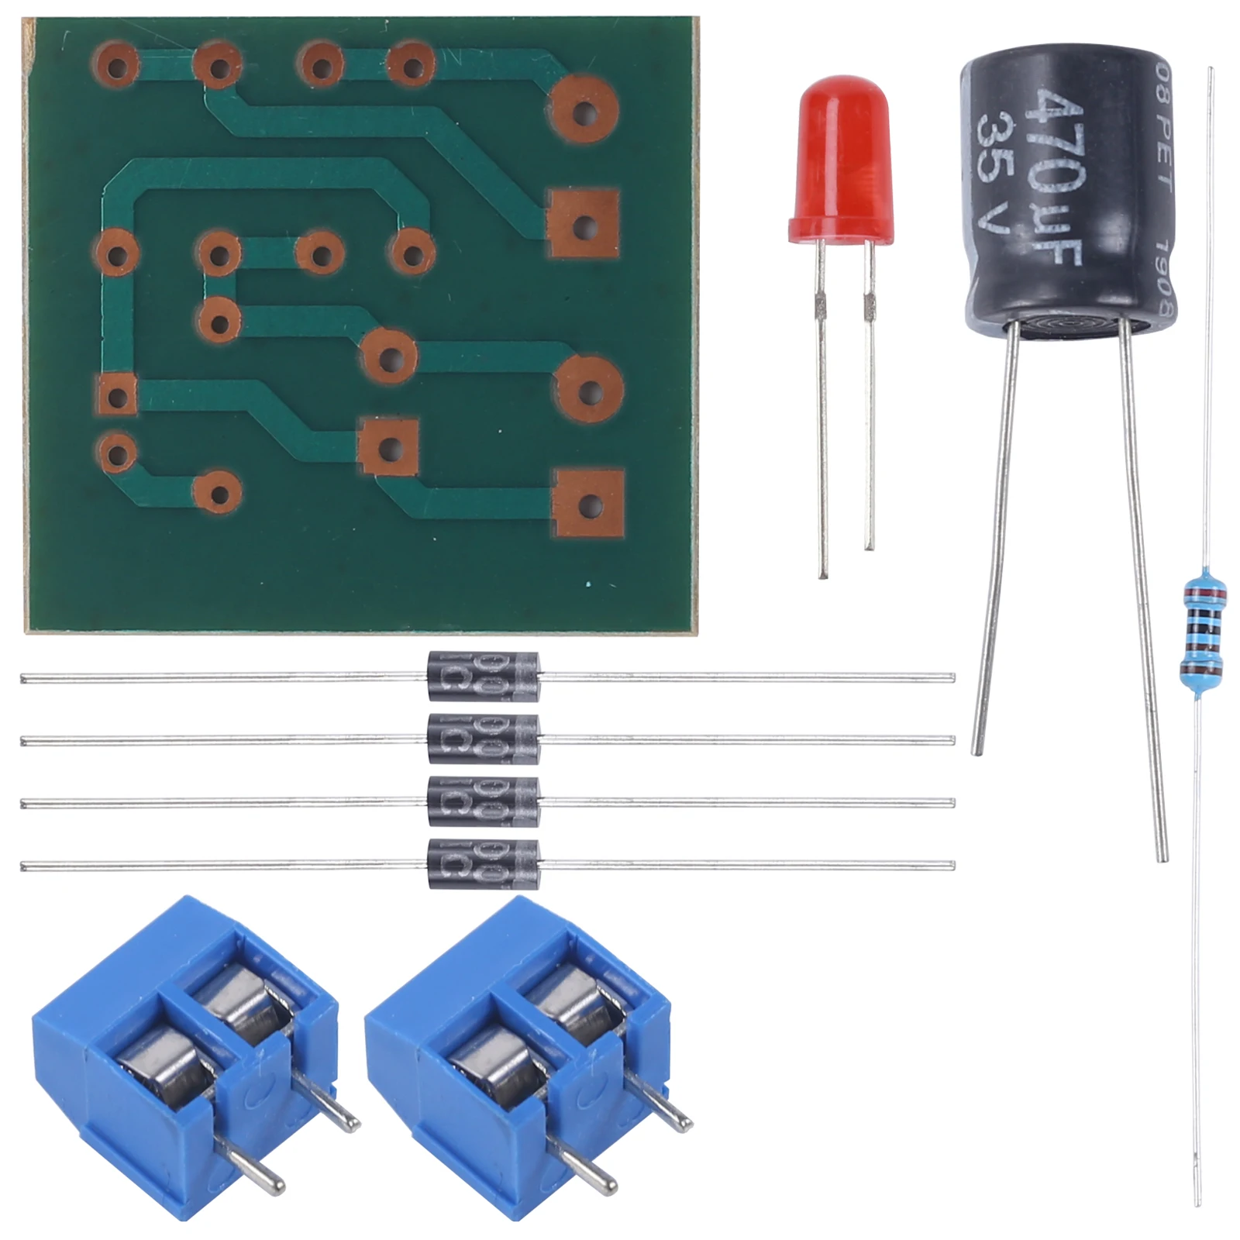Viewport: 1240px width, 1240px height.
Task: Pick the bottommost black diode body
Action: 483,864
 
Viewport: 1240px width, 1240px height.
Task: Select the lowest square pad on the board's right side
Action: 590,505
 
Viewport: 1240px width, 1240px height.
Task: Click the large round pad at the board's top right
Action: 585,110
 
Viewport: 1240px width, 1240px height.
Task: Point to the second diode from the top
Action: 483,739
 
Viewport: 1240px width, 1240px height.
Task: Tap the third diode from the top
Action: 483,801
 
